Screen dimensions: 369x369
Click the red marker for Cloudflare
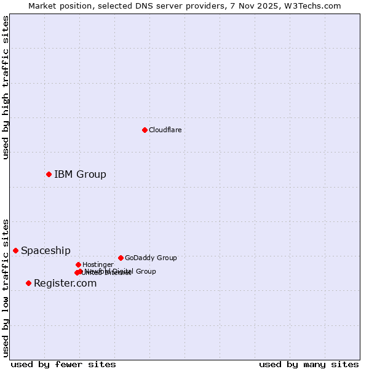[x=145, y=130]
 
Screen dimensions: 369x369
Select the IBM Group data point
[x=49, y=174]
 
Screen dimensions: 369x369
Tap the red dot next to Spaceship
[x=15, y=250]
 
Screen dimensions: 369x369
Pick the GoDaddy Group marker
[x=121, y=258]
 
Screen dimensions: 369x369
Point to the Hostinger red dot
[x=78, y=264]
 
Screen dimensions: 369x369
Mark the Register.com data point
[x=28, y=283]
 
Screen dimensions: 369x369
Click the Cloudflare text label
[x=165, y=130]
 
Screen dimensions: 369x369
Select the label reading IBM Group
[x=80, y=174]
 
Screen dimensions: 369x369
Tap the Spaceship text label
[x=46, y=250]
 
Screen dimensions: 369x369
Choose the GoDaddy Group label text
[x=151, y=258]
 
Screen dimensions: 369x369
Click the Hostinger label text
[x=98, y=264]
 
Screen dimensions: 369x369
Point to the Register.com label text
[x=65, y=283]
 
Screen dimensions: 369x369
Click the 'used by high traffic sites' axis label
[x=6, y=87]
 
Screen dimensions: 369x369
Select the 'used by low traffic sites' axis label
[x=6, y=287]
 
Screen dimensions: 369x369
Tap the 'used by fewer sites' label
[x=63, y=364]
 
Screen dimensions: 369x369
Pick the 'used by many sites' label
[x=309, y=364]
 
